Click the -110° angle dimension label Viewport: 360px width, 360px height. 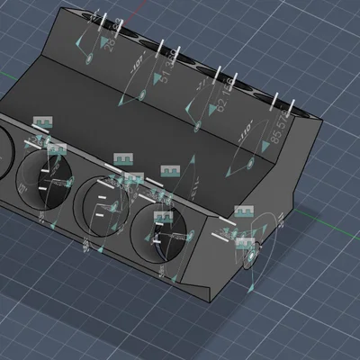tap(244, 138)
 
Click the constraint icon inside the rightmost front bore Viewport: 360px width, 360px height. tap(163, 217)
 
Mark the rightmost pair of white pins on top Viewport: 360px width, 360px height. tap(279, 101)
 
